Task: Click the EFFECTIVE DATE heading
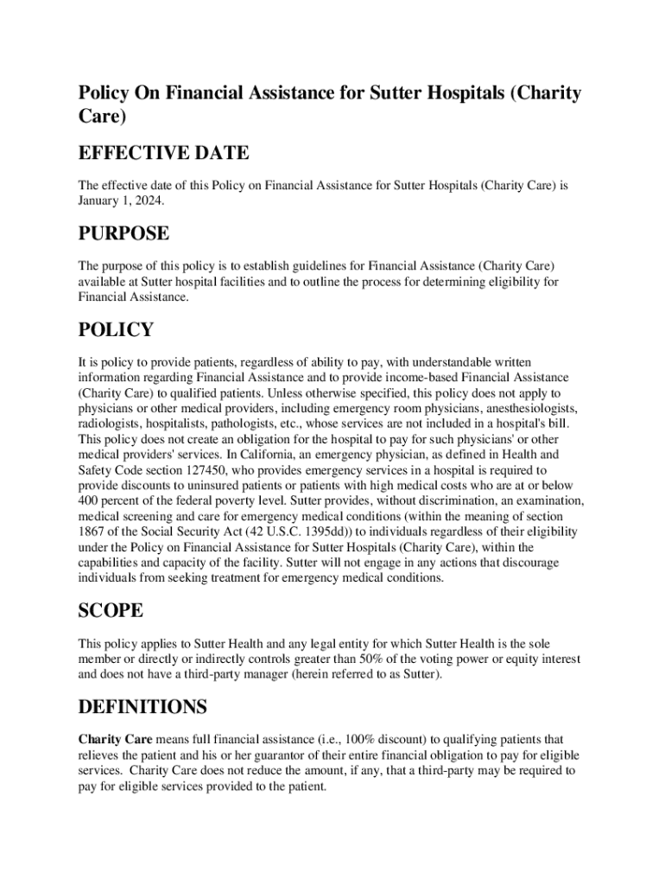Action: (163, 154)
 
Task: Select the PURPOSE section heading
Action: (123, 234)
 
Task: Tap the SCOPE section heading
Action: (111, 611)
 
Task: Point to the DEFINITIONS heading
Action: (142, 708)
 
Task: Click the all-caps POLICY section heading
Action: (116, 330)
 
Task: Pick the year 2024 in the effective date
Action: (145, 200)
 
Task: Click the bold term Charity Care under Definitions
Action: (116, 740)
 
